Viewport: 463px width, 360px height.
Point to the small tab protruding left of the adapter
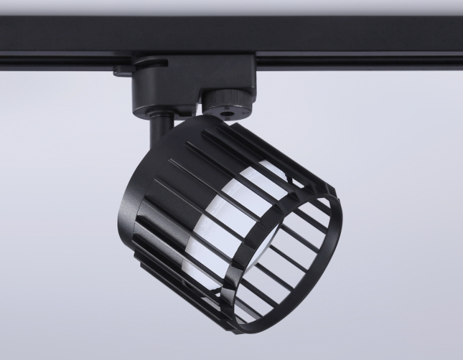point(121,74)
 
